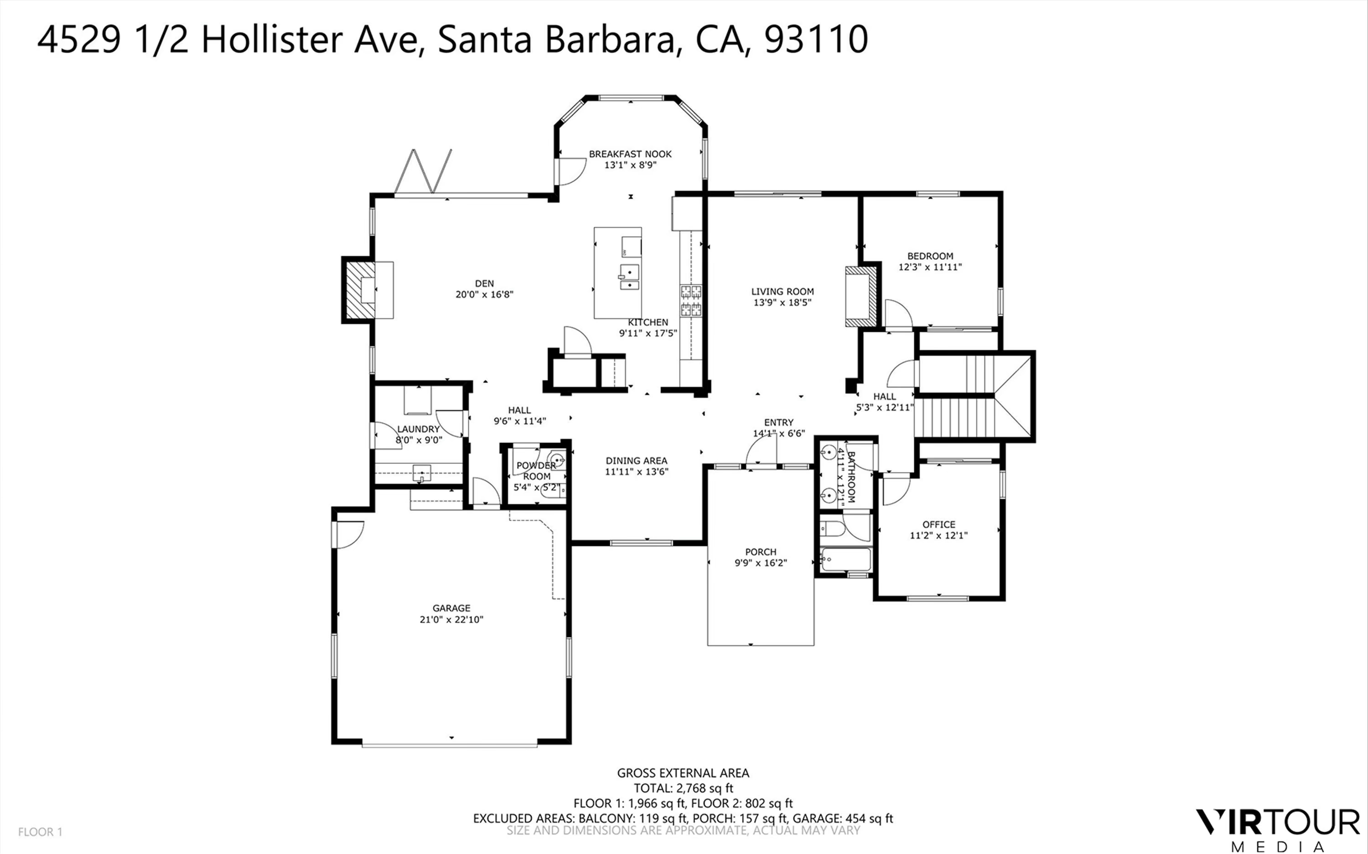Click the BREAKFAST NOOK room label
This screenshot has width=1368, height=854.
point(630,154)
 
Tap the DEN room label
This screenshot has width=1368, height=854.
point(484,283)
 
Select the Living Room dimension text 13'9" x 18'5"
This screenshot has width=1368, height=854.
point(782,302)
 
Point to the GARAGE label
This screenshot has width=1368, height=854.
point(451,608)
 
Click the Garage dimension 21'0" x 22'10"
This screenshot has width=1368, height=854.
point(451,619)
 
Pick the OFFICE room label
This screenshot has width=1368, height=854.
point(938,525)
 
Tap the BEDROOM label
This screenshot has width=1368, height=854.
point(930,256)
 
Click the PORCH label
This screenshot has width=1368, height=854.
point(761,552)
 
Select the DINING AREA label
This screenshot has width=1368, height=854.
point(636,461)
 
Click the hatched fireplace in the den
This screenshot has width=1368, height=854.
point(359,289)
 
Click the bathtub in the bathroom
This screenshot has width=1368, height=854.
point(846,559)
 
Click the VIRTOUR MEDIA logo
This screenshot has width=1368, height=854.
point(1278,830)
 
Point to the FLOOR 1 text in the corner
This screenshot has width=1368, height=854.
point(40,832)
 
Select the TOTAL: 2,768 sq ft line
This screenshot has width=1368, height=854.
point(683,788)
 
